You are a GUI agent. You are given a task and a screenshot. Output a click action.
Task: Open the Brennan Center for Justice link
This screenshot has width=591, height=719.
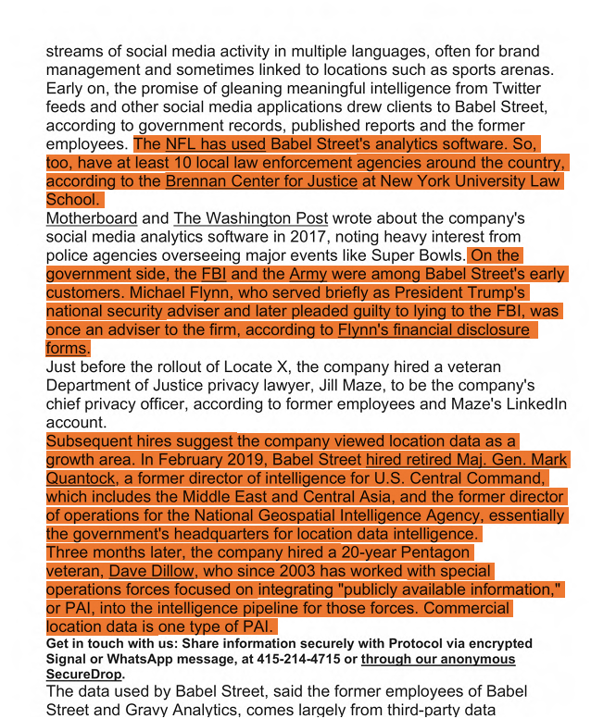[261, 181]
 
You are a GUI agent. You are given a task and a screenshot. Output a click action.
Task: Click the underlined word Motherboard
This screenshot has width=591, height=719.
[92, 219]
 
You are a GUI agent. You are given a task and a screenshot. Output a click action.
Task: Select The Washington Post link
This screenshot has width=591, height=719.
[250, 219]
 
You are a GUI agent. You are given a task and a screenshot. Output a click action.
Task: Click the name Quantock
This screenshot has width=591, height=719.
[82, 478]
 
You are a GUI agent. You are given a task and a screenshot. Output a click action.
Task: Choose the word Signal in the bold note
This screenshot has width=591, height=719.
[69, 658]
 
